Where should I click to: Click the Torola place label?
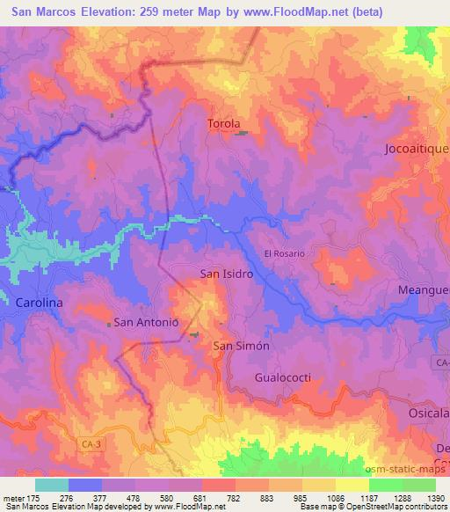pyautogui.click(x=223, y=124)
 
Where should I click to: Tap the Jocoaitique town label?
pyautogui.click(x=417, y=149)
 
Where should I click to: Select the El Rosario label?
pyautogui.click(x=284, y=253)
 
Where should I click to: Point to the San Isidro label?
pyautogui.click(x=227, y=274)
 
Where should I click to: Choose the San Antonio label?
pyautogui.click(x=147, y=323)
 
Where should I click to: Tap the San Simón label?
pyautogui.click(x=242, y=346)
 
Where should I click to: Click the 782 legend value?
pyautogui.click(x=235, y=499)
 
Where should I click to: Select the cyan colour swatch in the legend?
pyautogui.click(x=52, y=485)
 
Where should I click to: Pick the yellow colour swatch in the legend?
pyautogui.click(x=352, y=485)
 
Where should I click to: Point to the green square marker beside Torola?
pyautogui.click(x=244, y=134)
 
